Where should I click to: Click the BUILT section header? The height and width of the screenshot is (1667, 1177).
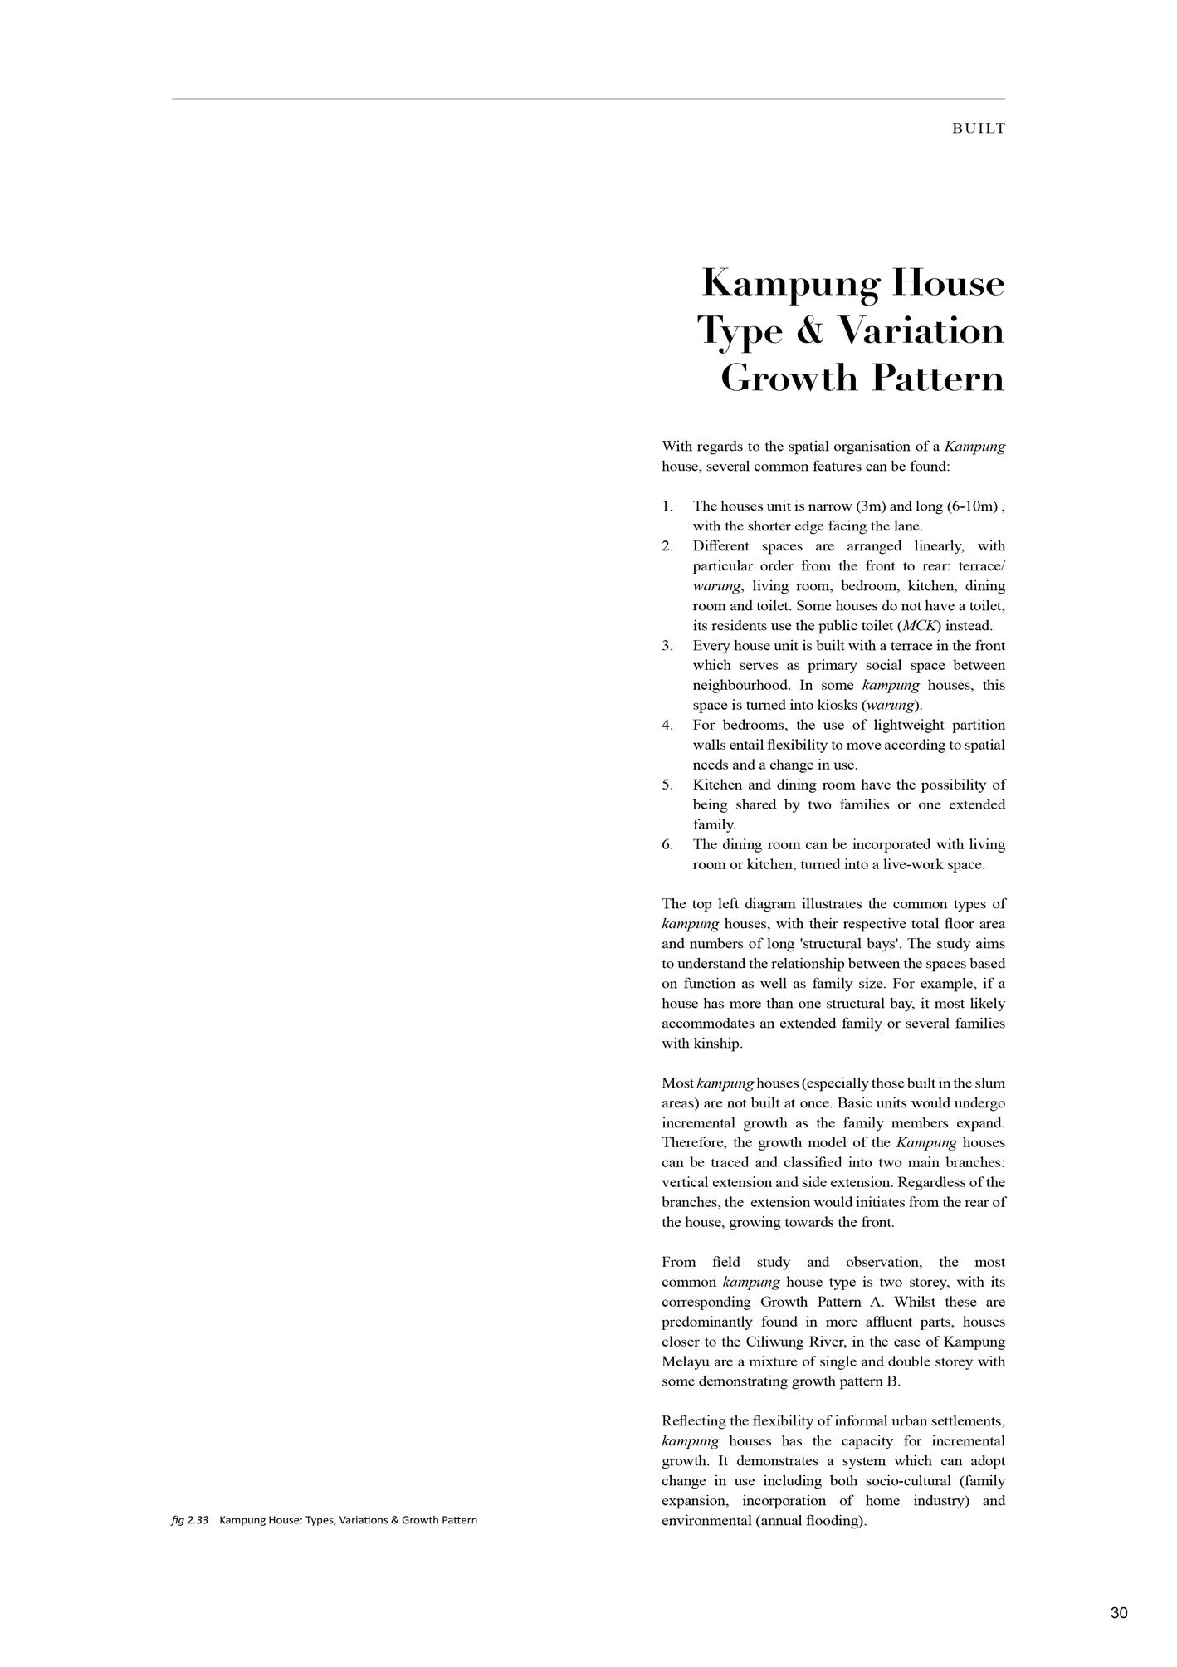tap(979, 129)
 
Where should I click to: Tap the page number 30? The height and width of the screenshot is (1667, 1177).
tap(1118, 1613)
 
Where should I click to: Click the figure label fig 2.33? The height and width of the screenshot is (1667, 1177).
tap(189, 1520)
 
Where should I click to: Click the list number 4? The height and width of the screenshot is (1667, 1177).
tap(667, 725)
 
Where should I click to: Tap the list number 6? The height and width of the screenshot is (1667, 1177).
tap(667, 844)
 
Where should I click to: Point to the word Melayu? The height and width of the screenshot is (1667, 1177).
tap(686, 1361)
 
